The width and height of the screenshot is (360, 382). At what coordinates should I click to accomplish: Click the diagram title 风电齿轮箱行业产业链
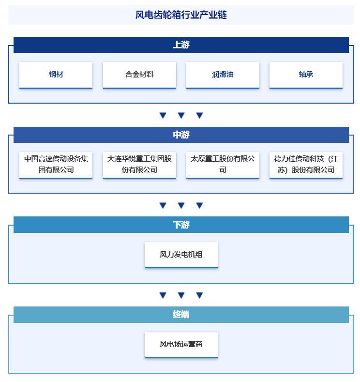[x=181, y=15]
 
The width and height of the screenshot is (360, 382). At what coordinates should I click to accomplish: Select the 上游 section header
[x=181, y=45]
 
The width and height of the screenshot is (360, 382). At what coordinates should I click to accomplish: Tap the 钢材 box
[x=56, y=75]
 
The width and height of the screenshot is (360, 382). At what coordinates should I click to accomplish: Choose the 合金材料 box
[x=139, y=75]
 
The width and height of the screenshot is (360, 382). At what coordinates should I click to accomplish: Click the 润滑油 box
[x=223, y=75]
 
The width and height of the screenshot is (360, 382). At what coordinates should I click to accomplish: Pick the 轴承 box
[x=306, y=75]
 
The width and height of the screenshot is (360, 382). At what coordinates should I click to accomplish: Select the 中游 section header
[x=181, y=135]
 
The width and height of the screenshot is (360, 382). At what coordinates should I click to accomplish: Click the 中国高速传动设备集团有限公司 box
[x=56, y=165]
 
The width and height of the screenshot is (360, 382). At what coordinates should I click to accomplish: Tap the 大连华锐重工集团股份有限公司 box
[x=139, y=165]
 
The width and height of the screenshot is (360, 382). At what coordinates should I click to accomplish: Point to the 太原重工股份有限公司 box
[x=223, y=165]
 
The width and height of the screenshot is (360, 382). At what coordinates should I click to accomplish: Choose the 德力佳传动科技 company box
[x=306, y=165]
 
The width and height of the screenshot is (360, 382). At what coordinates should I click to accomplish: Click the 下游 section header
[x=181, y=225]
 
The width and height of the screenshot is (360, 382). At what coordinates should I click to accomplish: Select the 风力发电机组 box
[x=181, y=255]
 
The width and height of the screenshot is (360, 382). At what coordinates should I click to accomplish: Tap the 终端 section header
[x=181, y=315]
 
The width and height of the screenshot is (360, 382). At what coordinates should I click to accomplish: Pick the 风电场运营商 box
[x=181, y=345]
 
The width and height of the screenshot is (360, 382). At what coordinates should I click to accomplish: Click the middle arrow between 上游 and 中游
[x=181, y=115]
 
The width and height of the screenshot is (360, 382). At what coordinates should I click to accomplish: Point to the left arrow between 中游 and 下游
[x=163, y=205]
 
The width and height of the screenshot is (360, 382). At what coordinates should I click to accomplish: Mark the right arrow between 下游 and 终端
[x=199, y=295]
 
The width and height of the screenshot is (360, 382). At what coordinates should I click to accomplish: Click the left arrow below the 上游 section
[x=163, y=115]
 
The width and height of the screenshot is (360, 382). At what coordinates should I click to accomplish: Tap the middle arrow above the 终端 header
[x=181, y=295]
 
